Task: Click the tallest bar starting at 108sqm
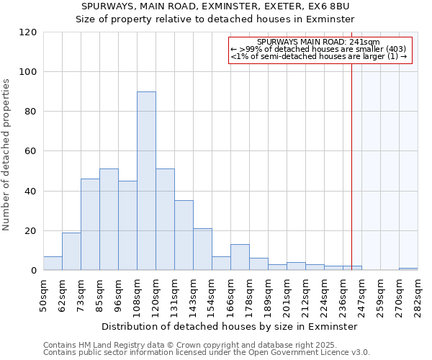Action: [146, 181]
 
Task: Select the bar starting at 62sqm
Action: [71, 251]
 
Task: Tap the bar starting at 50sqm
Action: [53, 264]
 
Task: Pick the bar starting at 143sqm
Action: [202, 249]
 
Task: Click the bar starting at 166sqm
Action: [240, 257]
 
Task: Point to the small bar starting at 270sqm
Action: [408, 269]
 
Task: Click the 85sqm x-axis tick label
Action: [99, 294]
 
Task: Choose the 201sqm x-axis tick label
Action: [287, 294]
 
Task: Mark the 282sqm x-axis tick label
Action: [418, 294]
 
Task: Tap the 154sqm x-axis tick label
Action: [212, 294]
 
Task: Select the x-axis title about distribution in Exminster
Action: [230, 326]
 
